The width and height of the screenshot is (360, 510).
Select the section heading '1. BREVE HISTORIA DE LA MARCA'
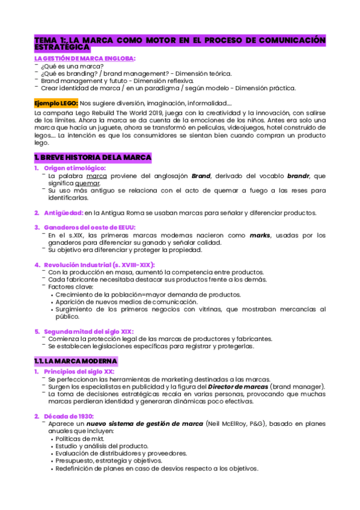point(93,158)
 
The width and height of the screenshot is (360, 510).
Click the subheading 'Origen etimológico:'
point(74,168)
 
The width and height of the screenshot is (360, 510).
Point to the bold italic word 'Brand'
point(201,176)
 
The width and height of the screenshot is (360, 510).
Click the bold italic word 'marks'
point(260,235)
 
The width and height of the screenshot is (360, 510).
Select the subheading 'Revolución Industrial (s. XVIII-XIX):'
point(99,265)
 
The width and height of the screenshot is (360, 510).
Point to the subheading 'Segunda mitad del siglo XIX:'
point(88,331)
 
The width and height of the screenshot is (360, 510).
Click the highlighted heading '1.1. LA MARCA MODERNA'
point(76,360)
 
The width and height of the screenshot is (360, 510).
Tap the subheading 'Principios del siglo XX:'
point(79,372)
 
